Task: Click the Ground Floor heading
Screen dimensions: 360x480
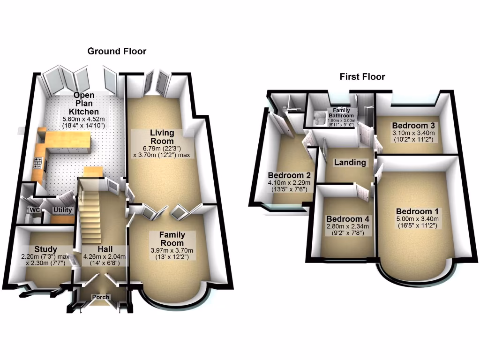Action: (x=117, y=51)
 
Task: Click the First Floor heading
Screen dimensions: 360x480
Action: (x=362, y=76)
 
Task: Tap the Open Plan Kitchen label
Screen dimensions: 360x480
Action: (x=84, y=104)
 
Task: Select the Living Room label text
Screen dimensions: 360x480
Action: (x=162, y=137)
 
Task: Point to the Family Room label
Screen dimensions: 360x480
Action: (x=172, y=239)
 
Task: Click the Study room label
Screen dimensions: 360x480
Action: (x=45, y=249)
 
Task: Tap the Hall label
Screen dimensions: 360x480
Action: (x=105, y=249)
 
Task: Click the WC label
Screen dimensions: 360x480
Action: (x=35, y=210)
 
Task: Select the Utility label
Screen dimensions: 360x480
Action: (x=62, y=210)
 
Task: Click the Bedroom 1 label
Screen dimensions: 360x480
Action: (x=417, y=211)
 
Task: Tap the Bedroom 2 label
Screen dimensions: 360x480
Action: (x=286, y=176)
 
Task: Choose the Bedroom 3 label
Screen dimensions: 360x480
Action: (x=413, y=126)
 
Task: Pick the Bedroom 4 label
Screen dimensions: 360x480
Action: (x=348, y=219)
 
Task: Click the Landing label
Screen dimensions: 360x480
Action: (x=349, y=163)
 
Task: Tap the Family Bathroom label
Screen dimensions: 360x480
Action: (x=341, y=113)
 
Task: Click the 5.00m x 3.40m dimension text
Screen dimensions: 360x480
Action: (x=417, y=218)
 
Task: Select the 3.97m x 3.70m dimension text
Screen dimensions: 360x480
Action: (x=172, y=250)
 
